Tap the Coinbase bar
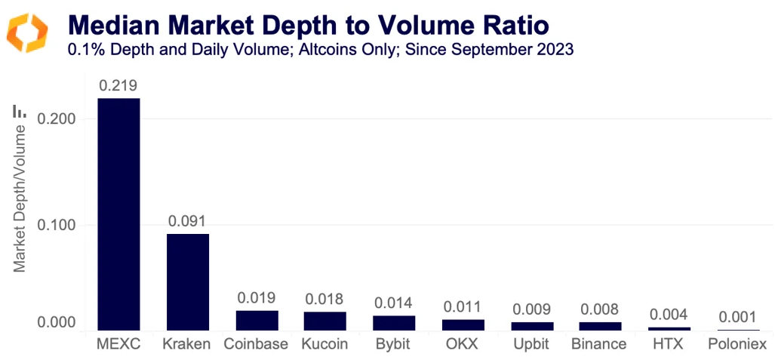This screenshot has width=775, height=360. (257, 320)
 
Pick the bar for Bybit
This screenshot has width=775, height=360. (394, 322)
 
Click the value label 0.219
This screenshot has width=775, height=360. (118, 86)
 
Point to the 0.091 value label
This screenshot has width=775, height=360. (187, 222)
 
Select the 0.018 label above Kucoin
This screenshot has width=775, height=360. (325, 299)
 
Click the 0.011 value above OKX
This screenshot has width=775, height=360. (463, 307)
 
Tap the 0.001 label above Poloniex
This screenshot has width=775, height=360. (737, 317)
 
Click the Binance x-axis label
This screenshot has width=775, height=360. (599, 344)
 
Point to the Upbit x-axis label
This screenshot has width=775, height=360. (531, 344)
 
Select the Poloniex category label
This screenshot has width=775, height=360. (737, 344)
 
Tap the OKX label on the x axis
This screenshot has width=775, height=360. (463, 344)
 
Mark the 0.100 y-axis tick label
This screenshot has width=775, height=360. (56, 225)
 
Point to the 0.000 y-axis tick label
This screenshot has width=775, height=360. (56, 323)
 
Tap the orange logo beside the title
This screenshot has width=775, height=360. (27, 32)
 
